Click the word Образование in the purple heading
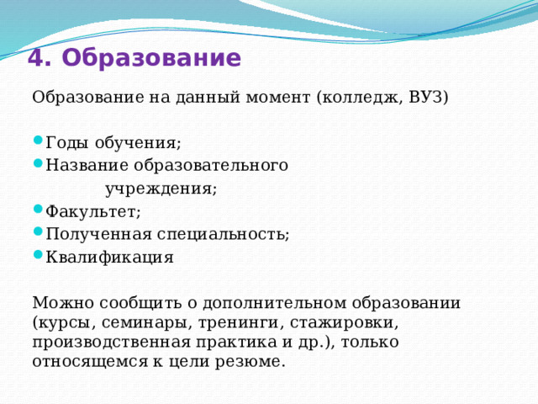pyautogui.click(x=151, y=58)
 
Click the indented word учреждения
pyautogui.click(x=160, y=189)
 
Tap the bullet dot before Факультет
pyautogui.click(x=37, y=210)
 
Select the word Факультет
pyautogui.click(x=92, y=211)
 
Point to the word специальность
pyautogui.click(x=222, y=235)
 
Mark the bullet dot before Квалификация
pyautogui.click(x=37, y=257)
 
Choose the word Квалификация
pyautogui.click(x=109, y=258)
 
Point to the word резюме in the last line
pyautogui.click(x=252, y=362)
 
